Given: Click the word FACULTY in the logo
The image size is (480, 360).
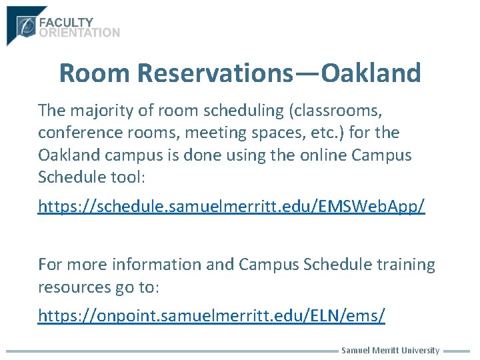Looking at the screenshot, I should pos(67,22).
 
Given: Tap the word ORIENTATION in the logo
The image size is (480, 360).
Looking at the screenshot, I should pos(79,32).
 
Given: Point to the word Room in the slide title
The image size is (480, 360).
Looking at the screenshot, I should pos(95,73).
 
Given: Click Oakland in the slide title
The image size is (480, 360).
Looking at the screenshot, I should pos(371,73).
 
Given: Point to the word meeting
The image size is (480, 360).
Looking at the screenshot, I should pos(213,132).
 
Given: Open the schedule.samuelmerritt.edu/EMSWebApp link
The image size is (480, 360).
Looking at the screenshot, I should pos(231,207).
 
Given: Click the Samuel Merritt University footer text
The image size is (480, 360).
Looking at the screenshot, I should pos(390,351).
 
